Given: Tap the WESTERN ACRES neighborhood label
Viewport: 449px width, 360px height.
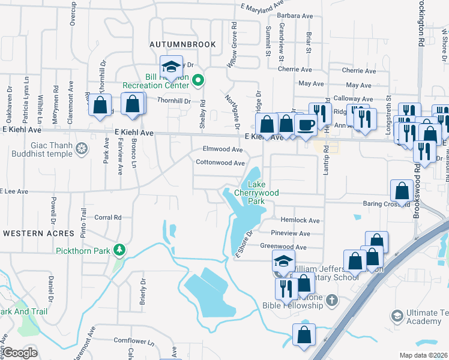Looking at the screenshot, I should click(x=38, y=233).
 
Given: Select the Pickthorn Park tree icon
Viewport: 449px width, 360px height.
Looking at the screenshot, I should click(x=120, y=250).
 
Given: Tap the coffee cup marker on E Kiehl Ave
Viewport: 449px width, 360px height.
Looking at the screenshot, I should click(x=306, y=125).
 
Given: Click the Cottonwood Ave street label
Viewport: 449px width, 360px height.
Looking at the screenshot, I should click(x=220, y=163).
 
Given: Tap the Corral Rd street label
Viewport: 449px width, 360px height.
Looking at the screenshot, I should click(x=108, y=218).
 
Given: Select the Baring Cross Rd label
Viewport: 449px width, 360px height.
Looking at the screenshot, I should click(x=386, y=204).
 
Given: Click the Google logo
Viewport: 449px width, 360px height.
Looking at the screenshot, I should click(x=19, y=353).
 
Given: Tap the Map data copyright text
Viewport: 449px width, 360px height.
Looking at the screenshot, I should click(x=424, y=355).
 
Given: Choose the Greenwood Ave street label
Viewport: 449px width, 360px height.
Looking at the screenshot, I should click(x=283, y=247).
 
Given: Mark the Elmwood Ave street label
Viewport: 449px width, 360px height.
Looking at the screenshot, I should click(x=223, y=149).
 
